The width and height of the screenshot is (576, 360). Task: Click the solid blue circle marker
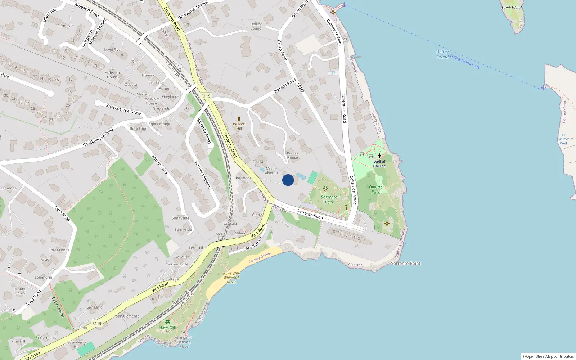tap(288, 180)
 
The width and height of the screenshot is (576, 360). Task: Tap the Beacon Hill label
tap(239, 126)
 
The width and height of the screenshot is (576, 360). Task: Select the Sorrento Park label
tap(329, 199)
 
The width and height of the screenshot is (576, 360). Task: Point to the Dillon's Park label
tap(376, 189)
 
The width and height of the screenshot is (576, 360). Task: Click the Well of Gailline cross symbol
tap(379, 156)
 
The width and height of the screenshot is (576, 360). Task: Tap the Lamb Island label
tap(512, 8)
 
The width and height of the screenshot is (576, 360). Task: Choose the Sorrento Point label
tap(405, 264)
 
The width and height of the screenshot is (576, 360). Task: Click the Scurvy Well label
tap(563, 141)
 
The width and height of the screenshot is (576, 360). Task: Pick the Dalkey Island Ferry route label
tap(465, 62)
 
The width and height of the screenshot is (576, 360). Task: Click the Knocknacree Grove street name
tap(123, 109)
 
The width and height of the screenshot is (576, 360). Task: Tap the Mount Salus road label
tap(159, 165)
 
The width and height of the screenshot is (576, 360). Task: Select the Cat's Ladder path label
tap(58, 307)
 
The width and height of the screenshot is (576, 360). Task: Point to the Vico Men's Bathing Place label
tap(184, 342)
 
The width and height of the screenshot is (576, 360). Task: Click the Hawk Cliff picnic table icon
tap(167, 322)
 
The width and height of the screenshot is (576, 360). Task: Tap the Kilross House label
tap(292, 155)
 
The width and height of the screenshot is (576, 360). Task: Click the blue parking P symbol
tap(333, 73)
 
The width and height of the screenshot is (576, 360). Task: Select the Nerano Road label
tap(285, 86)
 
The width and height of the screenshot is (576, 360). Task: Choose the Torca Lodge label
tap(59, 250)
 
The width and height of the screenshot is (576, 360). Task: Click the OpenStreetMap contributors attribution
tap(548, 356)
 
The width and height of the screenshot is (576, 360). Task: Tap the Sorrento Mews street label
tap(203, 131)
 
